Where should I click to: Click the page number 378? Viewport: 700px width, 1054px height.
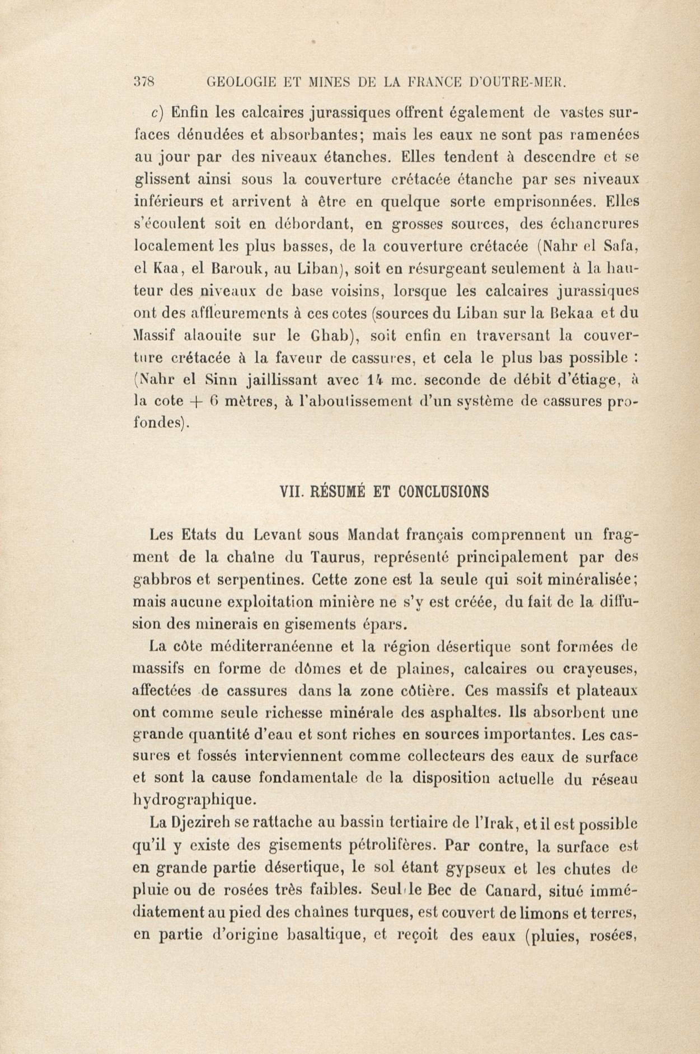144,82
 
